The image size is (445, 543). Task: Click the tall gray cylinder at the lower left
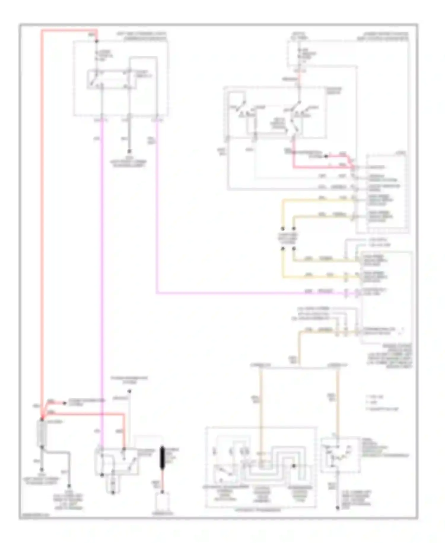42,433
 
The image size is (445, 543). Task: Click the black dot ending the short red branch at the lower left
65,403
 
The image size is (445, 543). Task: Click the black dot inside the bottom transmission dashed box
294,466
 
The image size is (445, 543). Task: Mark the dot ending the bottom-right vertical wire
337,508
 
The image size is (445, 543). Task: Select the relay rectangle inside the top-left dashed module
111,79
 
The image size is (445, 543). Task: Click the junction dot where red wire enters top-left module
96,41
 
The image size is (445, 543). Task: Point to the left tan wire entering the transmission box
261,410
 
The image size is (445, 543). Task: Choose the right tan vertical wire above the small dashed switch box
337,401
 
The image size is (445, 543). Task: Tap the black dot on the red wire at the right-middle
326,156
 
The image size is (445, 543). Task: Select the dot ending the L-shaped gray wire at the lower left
69,486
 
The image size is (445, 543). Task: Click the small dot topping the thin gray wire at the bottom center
129,392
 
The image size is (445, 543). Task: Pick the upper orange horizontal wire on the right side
317,200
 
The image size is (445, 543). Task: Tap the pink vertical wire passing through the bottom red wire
102,413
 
